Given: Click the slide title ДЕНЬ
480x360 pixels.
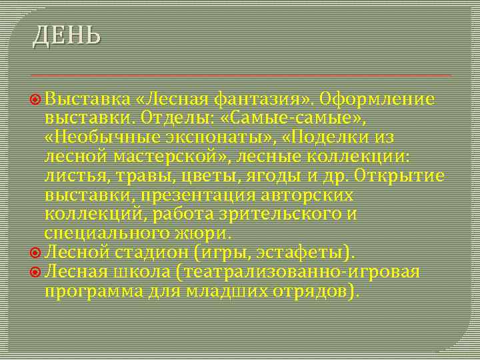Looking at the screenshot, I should (67, 35).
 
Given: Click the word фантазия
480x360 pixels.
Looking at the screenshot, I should (259, 100).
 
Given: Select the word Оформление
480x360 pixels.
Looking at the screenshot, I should (377, 100).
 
